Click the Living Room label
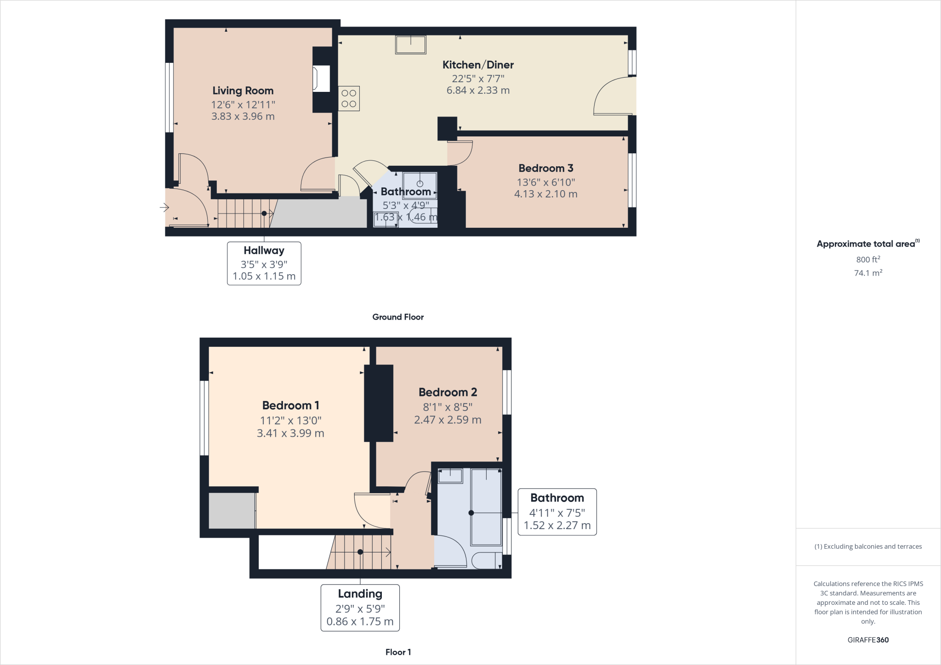point(243,90)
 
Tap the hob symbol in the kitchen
point(349,99)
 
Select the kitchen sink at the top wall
point(410,45)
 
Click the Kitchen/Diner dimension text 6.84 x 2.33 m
point(478,90)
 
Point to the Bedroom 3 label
point(545,168)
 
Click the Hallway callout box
point(264,263)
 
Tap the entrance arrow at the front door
point(164,208)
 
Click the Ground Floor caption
point(397,317)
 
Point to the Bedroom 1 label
point(290,406)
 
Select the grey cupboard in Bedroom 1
point(232,511)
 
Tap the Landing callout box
point(360,607)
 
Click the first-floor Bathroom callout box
point(557,512)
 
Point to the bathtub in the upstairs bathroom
point(486,506)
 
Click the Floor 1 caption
point(398,652)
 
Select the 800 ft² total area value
point(867,259)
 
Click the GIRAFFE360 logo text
point(867,640)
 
